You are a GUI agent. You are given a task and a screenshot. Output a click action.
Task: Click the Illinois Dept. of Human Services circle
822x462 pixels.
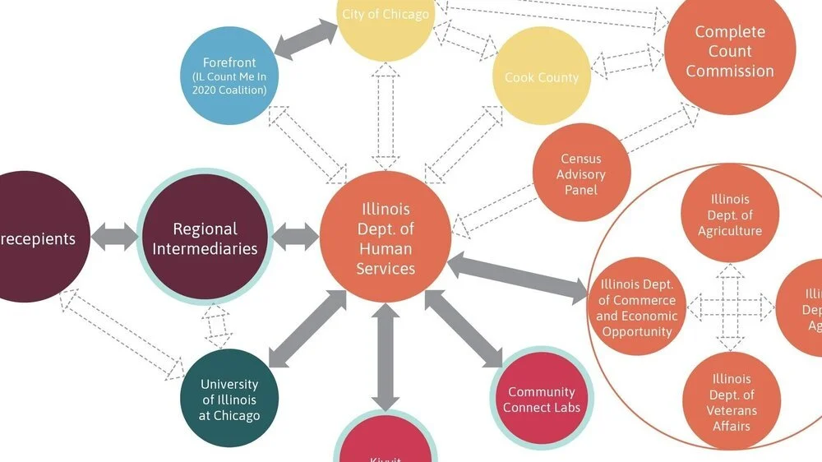385,238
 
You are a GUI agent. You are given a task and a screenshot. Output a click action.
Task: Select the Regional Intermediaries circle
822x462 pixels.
205,238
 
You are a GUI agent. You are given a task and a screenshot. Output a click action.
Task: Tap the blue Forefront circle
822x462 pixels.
229,76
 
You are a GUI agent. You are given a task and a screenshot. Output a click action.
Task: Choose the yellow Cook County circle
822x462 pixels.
541,77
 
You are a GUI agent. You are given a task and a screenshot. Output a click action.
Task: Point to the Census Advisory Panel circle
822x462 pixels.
581,173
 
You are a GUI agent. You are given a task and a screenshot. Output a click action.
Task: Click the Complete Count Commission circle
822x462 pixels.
730,51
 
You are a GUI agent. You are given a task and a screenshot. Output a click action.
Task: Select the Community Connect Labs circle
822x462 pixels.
542,400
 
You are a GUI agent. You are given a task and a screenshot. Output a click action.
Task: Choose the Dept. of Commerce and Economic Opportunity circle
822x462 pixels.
637,307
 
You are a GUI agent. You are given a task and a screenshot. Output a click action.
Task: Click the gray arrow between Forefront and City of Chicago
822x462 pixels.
305,39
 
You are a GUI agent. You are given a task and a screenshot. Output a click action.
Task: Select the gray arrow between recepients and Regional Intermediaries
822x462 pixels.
114,239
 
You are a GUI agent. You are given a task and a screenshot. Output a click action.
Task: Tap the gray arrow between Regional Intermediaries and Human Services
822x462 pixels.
294,238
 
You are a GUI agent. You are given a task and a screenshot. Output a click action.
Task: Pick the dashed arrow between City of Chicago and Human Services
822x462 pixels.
385,115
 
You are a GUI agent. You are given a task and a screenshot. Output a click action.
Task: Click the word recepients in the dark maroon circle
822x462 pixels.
37,239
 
